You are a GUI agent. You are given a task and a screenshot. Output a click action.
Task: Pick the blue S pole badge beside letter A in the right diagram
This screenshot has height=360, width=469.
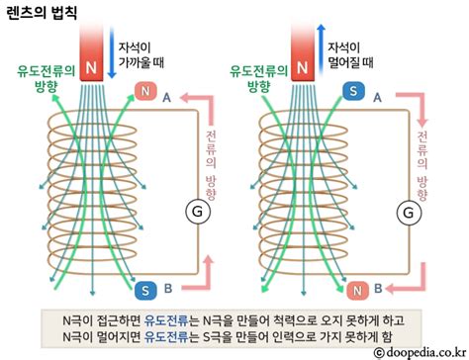tap(352, 96)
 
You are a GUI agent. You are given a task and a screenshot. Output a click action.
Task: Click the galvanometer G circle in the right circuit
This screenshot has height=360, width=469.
tap(406, 210)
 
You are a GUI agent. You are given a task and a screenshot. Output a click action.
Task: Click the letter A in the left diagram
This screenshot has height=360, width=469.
tap(166, 97)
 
